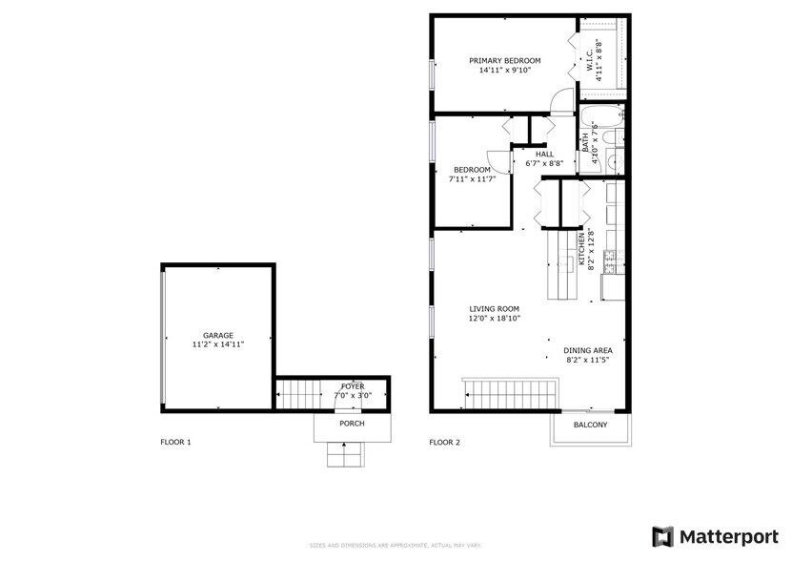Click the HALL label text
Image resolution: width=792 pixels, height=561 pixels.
[544, 154]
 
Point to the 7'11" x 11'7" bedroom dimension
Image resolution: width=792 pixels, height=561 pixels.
[472, 178]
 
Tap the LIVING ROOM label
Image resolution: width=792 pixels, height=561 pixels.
[494, 308]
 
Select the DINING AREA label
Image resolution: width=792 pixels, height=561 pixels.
[588, 349]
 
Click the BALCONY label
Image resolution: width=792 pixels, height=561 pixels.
[590, 425]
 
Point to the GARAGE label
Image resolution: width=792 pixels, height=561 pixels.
[217, 335]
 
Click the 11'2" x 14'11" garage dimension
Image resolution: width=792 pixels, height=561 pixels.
[217, 344]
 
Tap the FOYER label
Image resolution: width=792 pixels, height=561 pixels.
[353, 386]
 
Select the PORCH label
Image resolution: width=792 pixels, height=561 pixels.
[352, 423]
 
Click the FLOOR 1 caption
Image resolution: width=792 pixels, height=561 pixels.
[175, 442]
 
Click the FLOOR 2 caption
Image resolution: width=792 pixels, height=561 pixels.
[444, 442]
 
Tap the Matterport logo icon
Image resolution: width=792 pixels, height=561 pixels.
[662, 536]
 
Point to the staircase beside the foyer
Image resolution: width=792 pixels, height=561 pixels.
[298, 392]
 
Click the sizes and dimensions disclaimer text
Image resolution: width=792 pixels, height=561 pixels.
[395, 545]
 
